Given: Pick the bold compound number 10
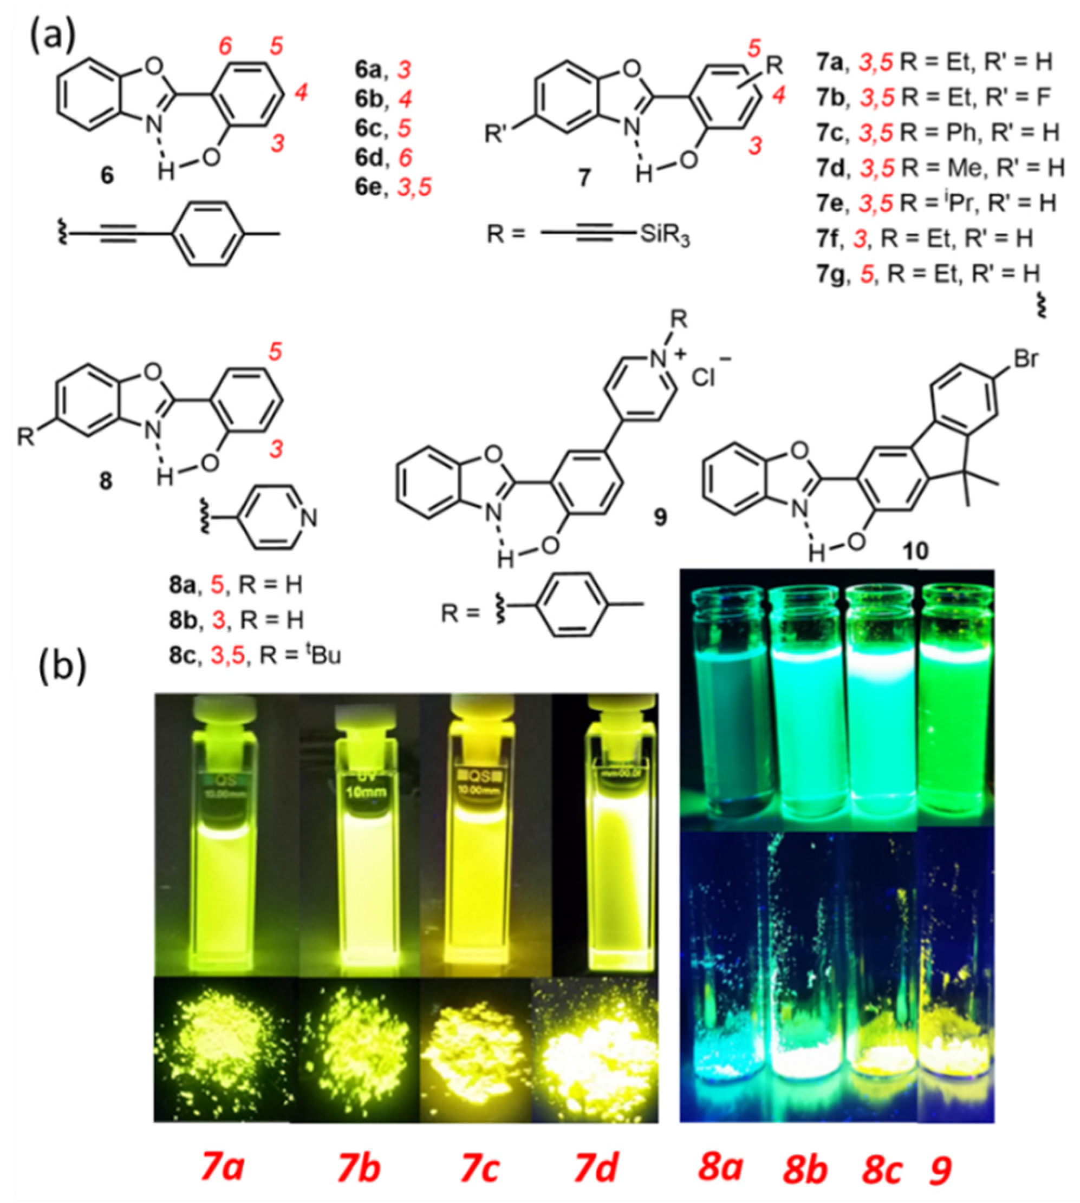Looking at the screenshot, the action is tap(914, 552).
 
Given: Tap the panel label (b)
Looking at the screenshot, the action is tap(62, 668).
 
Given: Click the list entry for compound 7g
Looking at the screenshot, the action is tap(928, 273).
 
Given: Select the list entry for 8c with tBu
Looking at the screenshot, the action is tap(255, 657).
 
